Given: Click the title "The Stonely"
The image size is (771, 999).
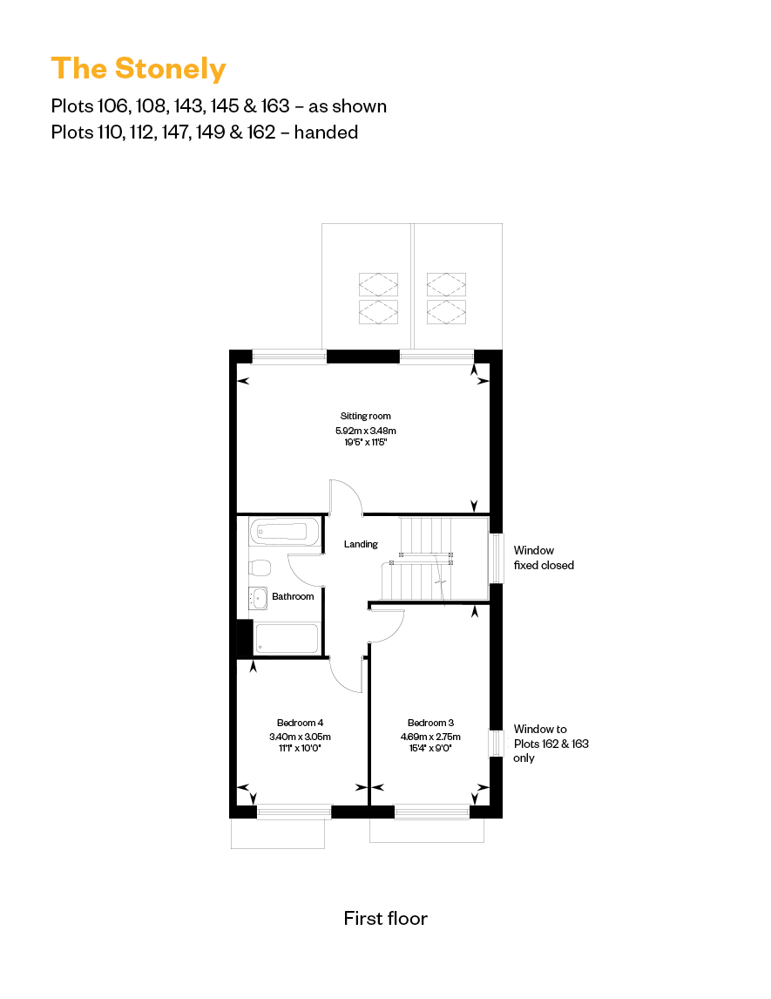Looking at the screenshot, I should (139, 68).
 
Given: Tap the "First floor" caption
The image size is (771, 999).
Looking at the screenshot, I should (385, 918).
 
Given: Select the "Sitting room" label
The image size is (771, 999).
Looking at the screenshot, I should (366, 416).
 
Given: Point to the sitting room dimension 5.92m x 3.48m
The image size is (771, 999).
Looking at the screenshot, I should (366, 431).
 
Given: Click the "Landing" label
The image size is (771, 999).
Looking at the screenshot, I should (361, 544).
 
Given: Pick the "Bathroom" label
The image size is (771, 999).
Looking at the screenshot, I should (293, 596).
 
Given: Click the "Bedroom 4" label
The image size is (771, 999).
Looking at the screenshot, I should (300, 723).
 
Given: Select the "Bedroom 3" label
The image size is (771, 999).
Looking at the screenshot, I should (430, 723).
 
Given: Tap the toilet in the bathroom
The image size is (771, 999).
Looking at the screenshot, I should (260, 567).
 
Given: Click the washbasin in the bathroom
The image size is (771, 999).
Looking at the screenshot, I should (259, 598).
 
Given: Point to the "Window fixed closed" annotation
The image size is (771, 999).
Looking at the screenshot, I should (544, 558).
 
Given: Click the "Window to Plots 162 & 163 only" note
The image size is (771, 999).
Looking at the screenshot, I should (551, 744).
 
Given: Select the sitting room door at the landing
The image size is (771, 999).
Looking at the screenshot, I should (346, 497).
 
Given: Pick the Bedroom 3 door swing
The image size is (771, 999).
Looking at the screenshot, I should (388, 626).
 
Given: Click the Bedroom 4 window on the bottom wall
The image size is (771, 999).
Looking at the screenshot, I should (294, 812).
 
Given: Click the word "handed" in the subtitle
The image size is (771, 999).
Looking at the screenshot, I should (328, 133).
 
